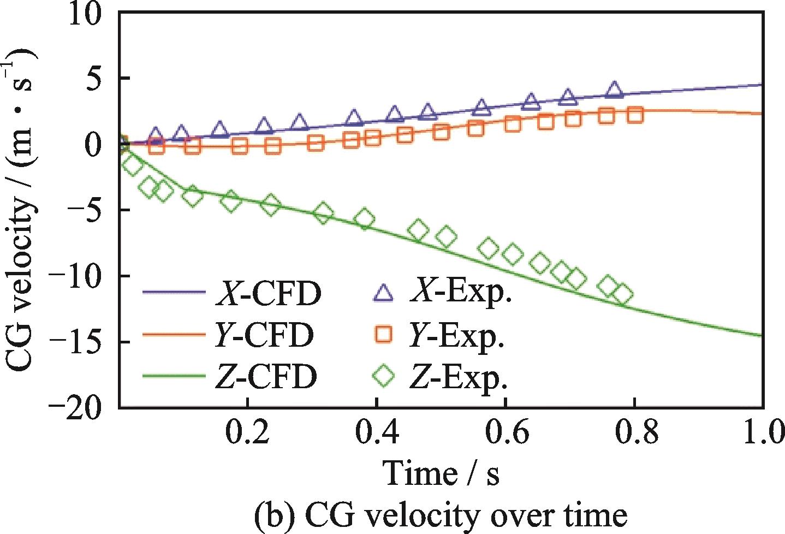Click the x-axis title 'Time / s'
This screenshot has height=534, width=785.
pyautogui.click(x=441, y=472)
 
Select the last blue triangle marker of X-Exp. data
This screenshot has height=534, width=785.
pyautogui.click(x=615, y=90)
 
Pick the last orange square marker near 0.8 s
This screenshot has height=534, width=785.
pyautogui.click(x=635, y=115)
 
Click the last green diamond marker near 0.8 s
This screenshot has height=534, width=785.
pyautogui.click(x=622, y=295)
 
